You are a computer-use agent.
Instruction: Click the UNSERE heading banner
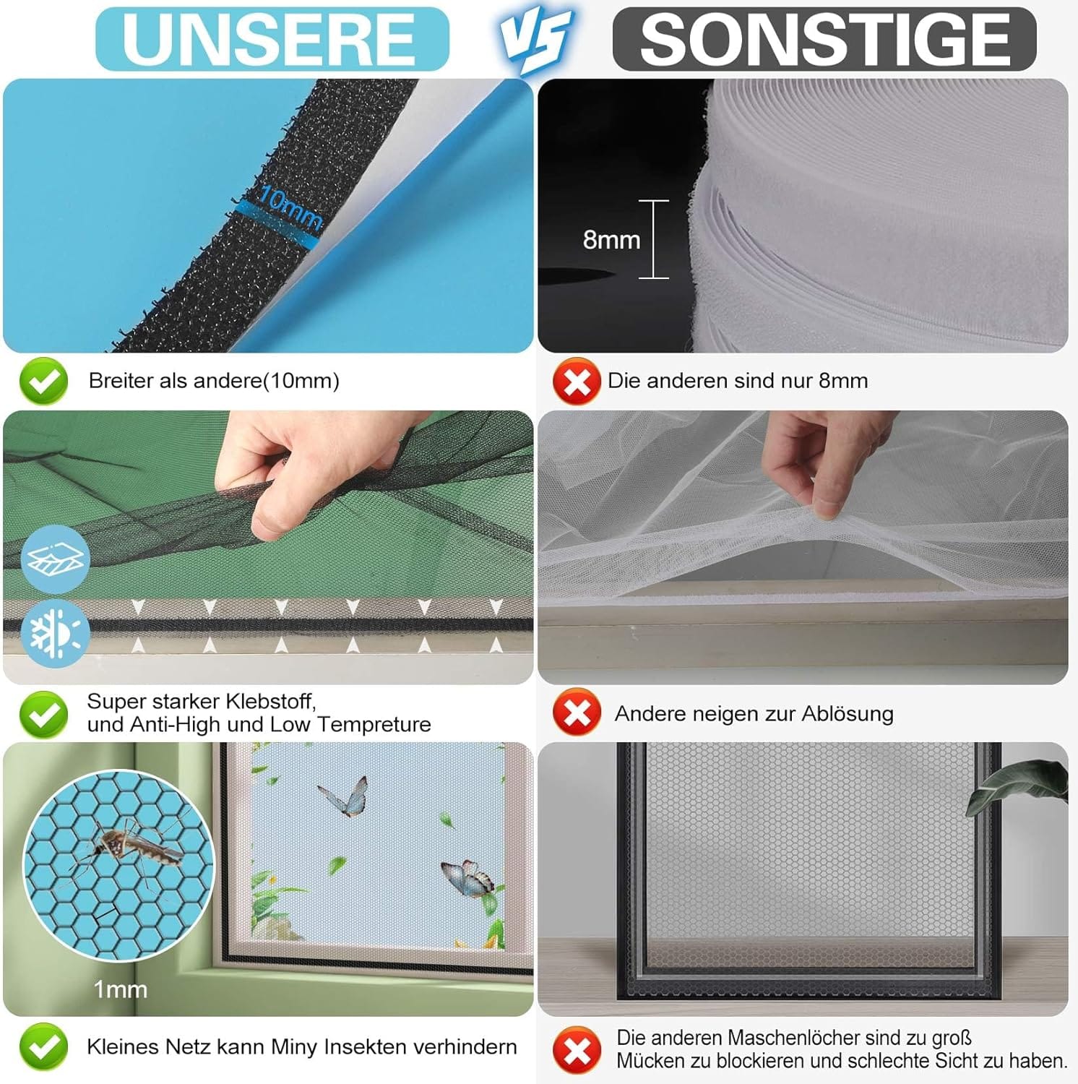(x=272, y=39)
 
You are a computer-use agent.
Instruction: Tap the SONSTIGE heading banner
(x=824, y=39)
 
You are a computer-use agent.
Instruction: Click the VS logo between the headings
(x=536, y=40)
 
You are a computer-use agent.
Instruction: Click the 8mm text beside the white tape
(x=611, y=239)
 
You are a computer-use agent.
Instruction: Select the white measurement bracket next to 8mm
(x=654, y=239)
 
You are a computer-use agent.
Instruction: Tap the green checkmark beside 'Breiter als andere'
(x=43, y=381)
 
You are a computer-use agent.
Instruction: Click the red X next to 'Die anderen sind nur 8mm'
(x=577, y=381)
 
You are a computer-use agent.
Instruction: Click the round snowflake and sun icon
(x=56, y=632)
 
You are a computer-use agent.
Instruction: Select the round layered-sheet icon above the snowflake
(x=56, y=559)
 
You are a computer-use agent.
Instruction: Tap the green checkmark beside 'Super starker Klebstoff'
(x=43, y=714)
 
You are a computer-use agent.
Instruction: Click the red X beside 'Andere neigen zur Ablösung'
(x=577, y=713)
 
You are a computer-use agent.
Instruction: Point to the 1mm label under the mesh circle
(x=120, y=989)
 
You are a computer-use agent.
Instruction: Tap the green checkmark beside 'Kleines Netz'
(x=43, y=1046)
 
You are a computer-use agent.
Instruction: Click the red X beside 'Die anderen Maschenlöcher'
(x=577, y=1050)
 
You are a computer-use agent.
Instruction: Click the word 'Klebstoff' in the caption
(x=271, y=701)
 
